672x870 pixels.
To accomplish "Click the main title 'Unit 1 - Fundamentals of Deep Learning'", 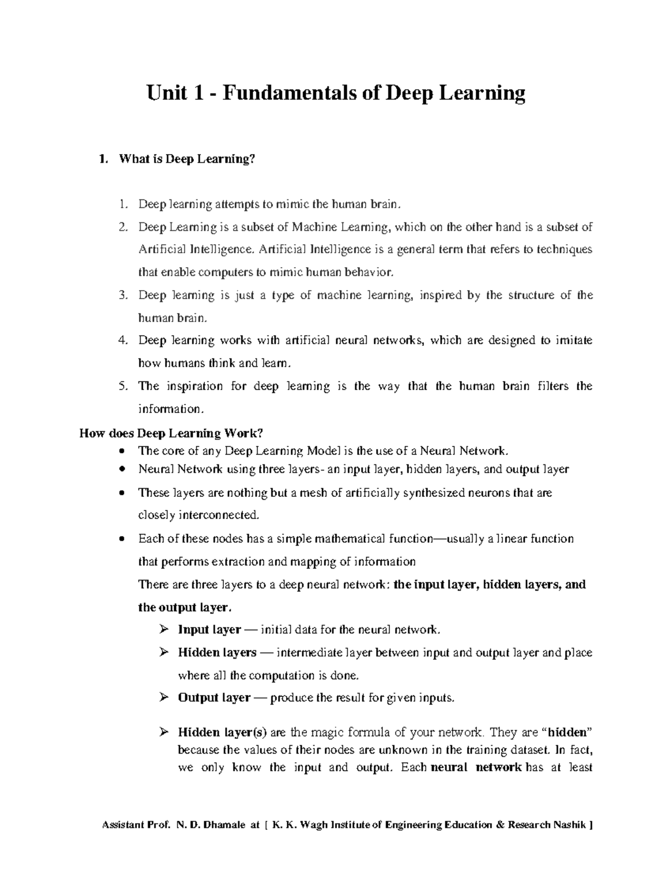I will click(335, 93).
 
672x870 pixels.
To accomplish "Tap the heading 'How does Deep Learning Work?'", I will click(171, 433).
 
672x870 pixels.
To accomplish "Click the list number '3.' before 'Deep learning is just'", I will click(124, 295).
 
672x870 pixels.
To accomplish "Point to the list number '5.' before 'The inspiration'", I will click(124, 386).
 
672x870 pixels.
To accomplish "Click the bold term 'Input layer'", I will click(209, 630).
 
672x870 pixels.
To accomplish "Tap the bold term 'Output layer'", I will click(213, 698).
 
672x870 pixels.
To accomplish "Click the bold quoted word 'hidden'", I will click(567, 732).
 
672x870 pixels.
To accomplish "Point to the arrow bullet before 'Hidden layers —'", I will click(164, 653).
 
